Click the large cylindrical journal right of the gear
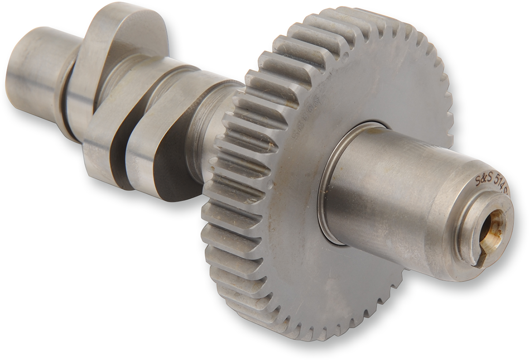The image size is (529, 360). [388, 199]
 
